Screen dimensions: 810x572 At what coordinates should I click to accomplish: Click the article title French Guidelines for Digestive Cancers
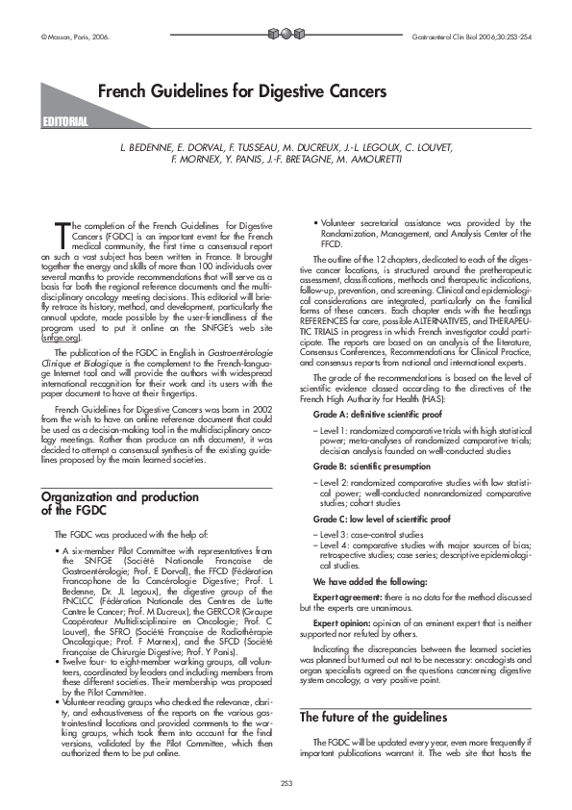tap(241, 91)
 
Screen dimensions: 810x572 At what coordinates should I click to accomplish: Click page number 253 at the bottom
tap(286, 780)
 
